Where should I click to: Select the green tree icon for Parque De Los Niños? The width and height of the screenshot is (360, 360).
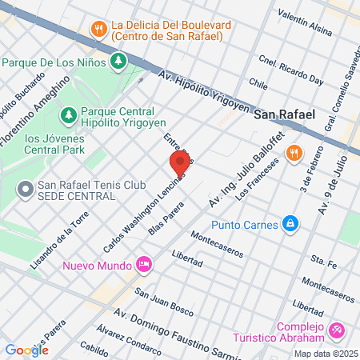point(119,61)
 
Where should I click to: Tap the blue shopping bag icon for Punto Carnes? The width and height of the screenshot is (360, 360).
point(290,225)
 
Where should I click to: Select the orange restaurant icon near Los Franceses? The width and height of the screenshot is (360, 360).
point(294,152)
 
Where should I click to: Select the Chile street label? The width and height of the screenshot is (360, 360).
point(258,82)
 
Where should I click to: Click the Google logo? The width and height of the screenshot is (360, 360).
point(26,350)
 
